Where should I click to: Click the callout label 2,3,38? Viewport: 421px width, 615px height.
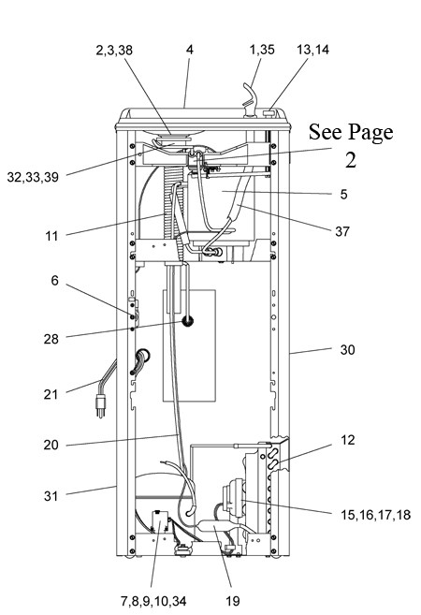114,51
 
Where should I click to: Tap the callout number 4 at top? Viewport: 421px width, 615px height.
190,50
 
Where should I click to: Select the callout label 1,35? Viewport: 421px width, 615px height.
262,50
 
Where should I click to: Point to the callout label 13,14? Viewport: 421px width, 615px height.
312,50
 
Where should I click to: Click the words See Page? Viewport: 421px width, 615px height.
351,133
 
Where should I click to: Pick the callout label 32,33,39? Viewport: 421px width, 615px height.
33,177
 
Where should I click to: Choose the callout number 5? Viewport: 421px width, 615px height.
343,194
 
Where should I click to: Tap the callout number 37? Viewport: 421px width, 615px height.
341,231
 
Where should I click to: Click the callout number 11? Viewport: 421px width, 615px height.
51,236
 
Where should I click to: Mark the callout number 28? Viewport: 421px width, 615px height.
51,339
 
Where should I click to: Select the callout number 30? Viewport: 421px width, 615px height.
347,349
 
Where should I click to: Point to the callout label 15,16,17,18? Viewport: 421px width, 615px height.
375,515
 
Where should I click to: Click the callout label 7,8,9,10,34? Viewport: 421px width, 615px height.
153,601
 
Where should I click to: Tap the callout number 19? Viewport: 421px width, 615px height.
232,601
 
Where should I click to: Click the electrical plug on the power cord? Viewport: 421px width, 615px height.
101,404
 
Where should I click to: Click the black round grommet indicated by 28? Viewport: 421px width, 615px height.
187,322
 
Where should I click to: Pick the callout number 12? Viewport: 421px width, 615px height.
348,440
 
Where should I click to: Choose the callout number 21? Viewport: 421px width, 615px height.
51,394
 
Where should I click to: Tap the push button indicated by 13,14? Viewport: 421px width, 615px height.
269,113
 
